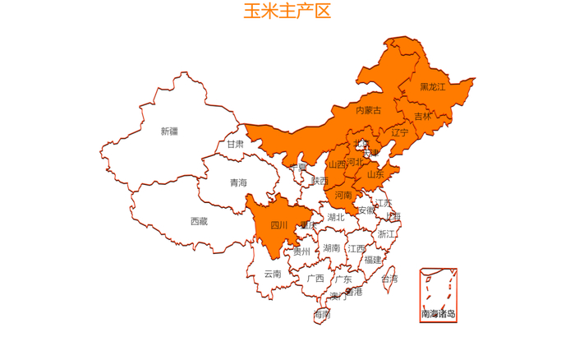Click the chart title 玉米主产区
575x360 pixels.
coord(287,12)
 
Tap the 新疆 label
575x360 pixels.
coord(169,131)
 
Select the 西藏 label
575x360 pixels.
coord(199,221)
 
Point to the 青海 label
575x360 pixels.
coord(238,182)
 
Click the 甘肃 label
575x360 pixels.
coord(236,145)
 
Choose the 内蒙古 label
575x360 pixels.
coord(368,110)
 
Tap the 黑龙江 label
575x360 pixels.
coord(432,87)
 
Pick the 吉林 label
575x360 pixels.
coord(422,117)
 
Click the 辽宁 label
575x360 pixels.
coord(400,132)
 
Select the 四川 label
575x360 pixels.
coord(279,225)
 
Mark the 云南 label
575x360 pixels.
coord(273,274)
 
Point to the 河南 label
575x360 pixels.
coord(343,196)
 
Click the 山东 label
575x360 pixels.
coord(375,174)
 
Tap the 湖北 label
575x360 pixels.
coord(336,218)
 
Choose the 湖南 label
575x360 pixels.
coord(332,247)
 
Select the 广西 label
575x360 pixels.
coord(315,278)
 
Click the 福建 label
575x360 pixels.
coord(373,260)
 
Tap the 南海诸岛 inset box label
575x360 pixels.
coord(438,314)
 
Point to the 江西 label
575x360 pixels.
coord(356,248)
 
